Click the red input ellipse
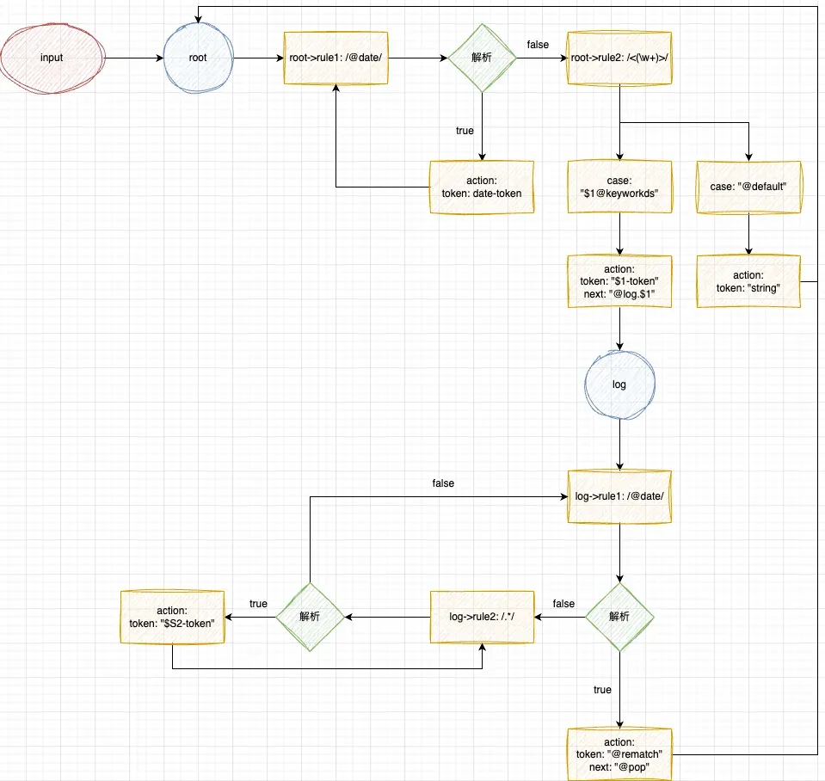52,58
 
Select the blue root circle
198,58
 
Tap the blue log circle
619,384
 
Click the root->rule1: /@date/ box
336,58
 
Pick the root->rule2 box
619,58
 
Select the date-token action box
482,187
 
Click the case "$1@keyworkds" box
619,188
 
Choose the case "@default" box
748,187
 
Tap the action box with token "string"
748,281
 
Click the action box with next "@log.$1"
619,281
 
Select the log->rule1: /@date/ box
619,496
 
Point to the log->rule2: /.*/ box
482,617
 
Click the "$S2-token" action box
172,617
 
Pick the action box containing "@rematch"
619,754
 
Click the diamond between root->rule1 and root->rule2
482,58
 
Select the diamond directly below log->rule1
619,617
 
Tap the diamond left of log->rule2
310,617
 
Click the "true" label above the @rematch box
602,690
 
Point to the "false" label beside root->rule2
538,44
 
